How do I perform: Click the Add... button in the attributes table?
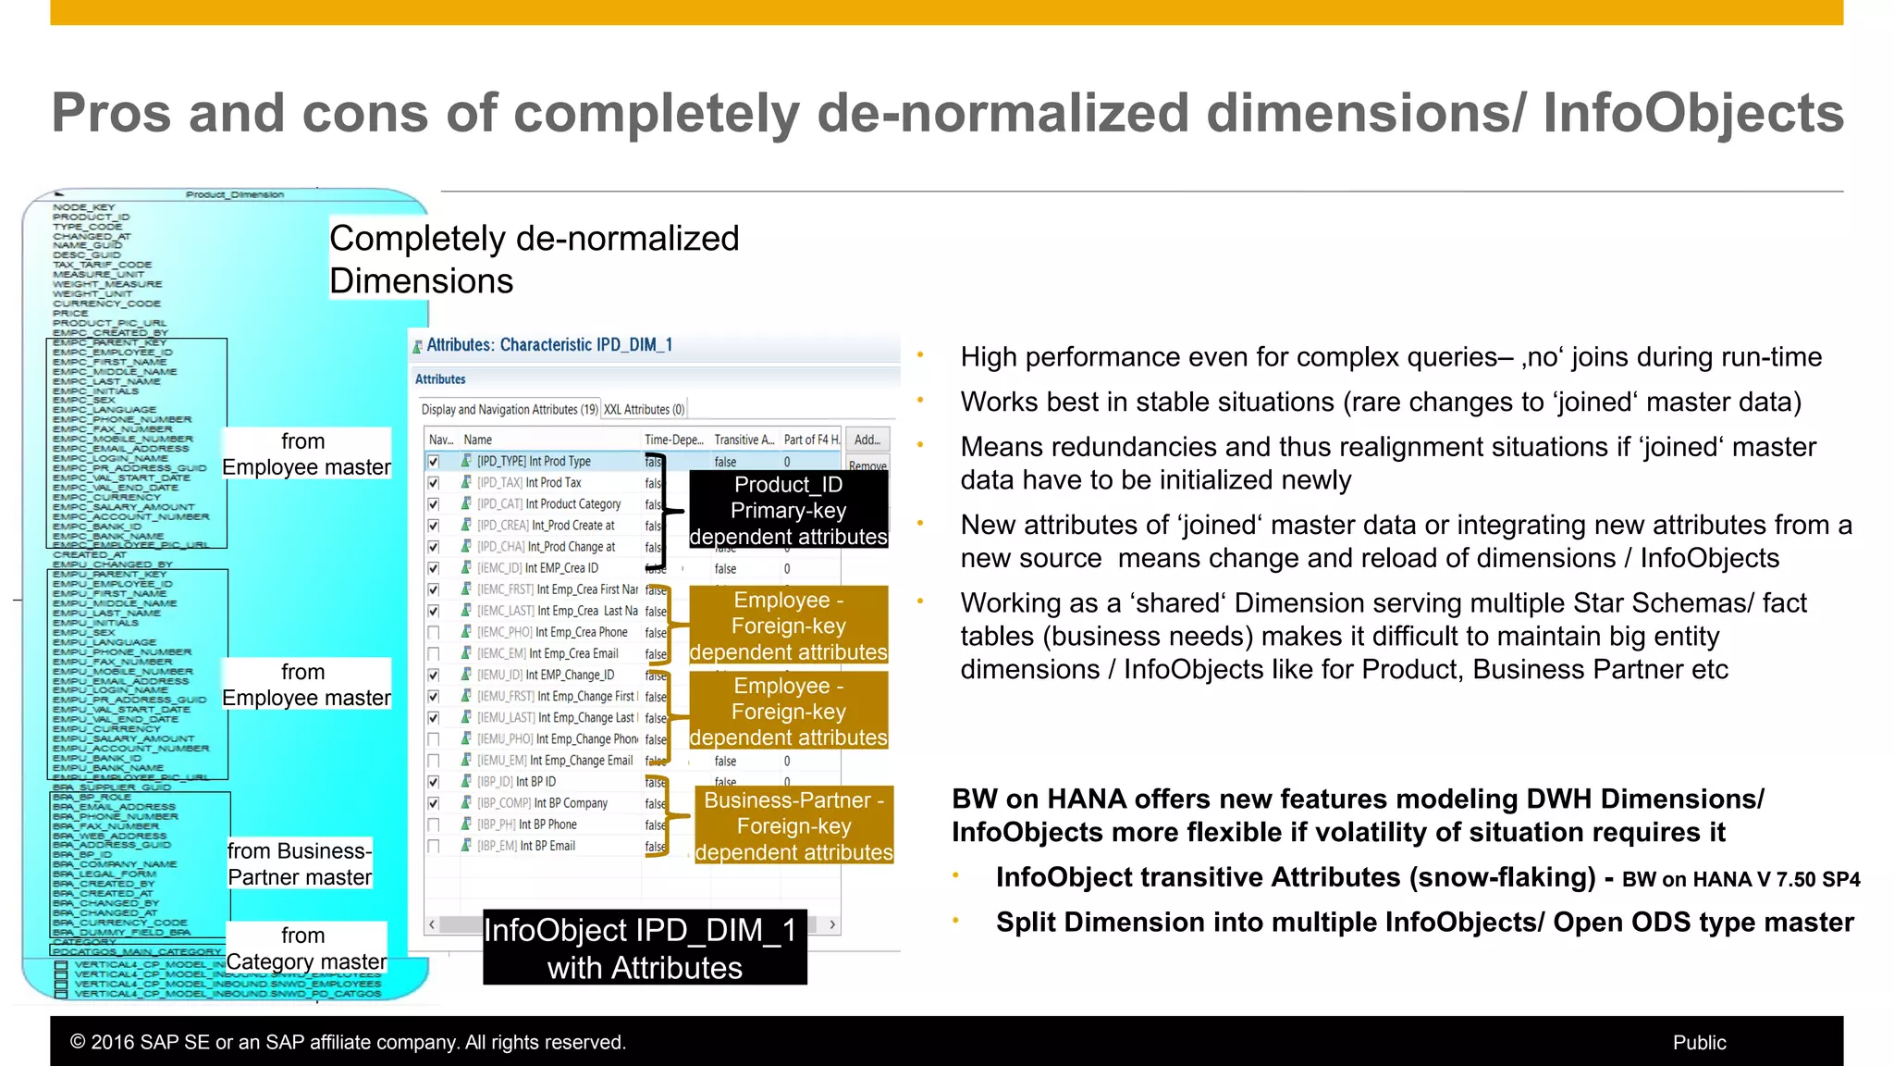[x=867, y=440]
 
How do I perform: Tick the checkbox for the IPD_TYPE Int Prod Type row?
[x=433, y=461]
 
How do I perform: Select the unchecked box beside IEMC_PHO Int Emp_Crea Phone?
[x=433, y=633]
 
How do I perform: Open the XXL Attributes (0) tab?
[x=644, y=409]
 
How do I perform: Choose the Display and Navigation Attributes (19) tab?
[x=510, y=409]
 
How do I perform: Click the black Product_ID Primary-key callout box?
[x=788, y=510]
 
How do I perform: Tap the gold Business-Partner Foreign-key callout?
[x=793, y=825]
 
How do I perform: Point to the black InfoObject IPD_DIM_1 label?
[x=645, y=948]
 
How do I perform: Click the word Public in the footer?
[x=1699, y=1042]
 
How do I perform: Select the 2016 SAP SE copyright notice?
[x=348, y=1042]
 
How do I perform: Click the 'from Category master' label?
[x=306, y=948]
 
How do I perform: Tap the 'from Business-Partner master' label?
[x=300, y=863]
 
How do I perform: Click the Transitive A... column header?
[x=744, y=440]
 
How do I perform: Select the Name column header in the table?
[x=477, y=440]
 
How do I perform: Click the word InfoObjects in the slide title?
[x=1692, y=113]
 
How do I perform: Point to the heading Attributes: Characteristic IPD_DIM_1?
[x=548, y=345]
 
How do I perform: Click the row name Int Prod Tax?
[x=553, y=482]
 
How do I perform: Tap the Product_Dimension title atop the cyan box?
[x=234, y=194]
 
